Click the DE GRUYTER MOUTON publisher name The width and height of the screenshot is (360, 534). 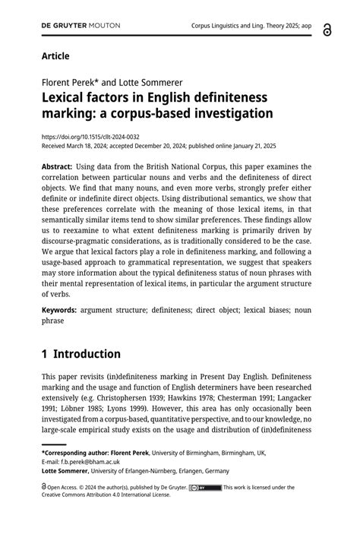[x=81, y=25]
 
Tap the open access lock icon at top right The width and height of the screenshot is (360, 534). [x=327, y=29]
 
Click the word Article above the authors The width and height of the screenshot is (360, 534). [x=55, y=56]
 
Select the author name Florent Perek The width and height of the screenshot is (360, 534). [x=69, y=82]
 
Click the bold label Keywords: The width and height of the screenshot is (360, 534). [x=59, y=310]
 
